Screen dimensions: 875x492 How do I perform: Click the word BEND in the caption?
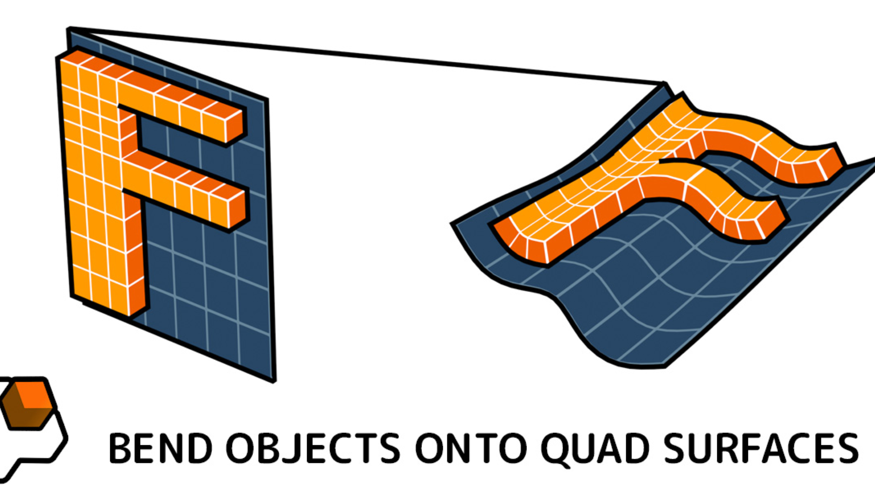pyautogui.click(x=160, y=448)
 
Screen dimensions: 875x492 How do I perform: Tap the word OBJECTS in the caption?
pyautogui.click(x=314, y=448)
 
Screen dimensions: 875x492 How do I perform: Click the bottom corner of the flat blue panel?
pyautogui.click(x=274, y=381)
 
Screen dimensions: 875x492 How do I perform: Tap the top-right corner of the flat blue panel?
pyautogui.click(x=266, y=99)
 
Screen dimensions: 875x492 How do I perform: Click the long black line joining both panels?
pyautogui.click(x=367, y=56)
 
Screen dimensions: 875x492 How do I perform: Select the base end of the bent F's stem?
pyautogui.click(x=520, y=244)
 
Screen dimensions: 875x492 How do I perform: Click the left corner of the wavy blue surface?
pyautogui.click(x=452, y=223)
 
